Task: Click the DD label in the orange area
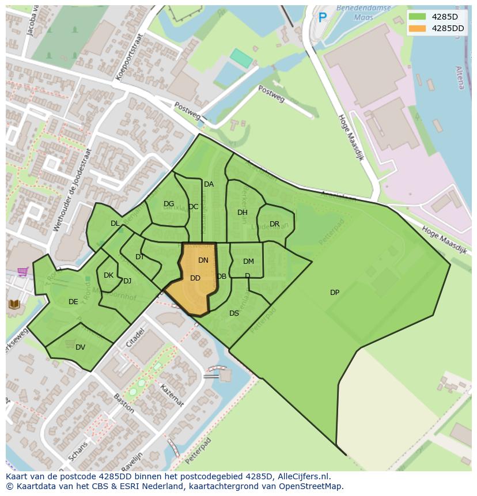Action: [x=195, y=278]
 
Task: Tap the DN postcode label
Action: [x=203, y=260]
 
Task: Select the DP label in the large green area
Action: [x=335, y=293]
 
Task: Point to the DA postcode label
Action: [x=209, y=184]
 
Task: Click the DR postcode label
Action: [x=274, y=224]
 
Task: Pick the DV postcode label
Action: [x=80, y=347]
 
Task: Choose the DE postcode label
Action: [x=73, y=302]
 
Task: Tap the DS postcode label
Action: [x=234, y=313]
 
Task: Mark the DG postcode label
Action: [x=169, y=204]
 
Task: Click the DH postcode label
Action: [x=243, y=213]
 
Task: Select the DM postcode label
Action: [x=248, y=262]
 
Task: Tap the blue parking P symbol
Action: [x=323, y=18]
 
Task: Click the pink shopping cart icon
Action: [x=23, y=271]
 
